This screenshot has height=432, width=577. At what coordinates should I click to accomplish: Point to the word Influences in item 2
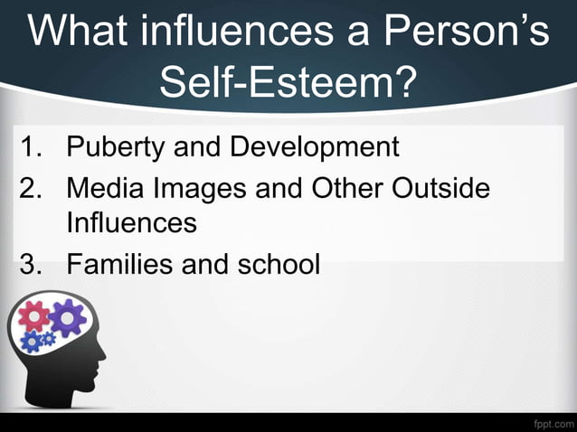click(131, 222)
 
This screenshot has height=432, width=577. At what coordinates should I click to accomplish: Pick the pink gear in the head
click(34, 316)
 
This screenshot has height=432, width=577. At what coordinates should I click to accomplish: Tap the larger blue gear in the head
click(32, 341)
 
